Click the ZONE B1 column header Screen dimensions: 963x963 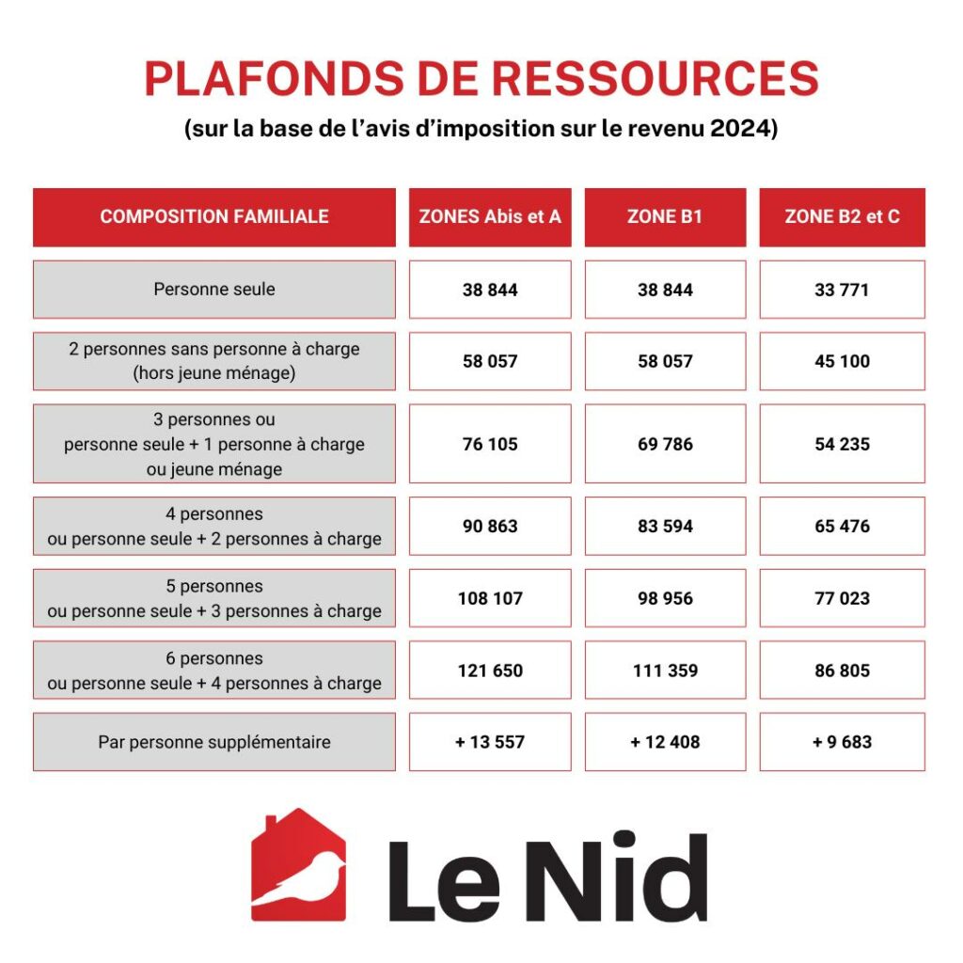[665, 217]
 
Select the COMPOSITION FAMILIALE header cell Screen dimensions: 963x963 [214, 217]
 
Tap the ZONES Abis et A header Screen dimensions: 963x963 [490, 217]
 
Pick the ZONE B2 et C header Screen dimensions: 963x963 [842, 217]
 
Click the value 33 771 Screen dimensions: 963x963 [842, 290]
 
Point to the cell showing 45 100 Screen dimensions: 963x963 [842, 361]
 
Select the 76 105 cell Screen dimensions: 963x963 [490, 444]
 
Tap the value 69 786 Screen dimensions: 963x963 [665, 444]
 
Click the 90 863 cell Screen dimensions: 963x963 [490, 527]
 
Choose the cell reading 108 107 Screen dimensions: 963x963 [490, 598]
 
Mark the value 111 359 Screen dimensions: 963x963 [665, 671]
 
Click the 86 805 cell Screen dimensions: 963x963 [842, 671]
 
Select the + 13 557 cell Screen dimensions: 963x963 [490, 742]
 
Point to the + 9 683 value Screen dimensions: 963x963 [842, 742]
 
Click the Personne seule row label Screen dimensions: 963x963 [214, 290]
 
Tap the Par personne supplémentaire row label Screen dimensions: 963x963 [214, 742]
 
